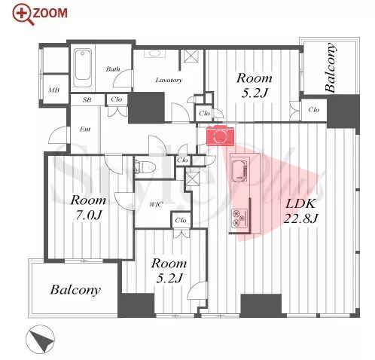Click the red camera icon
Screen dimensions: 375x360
[x=220, y=136]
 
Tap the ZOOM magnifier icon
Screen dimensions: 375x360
[x=23, y=14]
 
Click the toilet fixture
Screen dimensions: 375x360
[x=144, y=166]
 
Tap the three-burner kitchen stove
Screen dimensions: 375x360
[x=239, y=217]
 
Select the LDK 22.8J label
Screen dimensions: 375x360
[x=300, y=211]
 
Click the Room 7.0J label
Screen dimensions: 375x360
[x=88, y=207]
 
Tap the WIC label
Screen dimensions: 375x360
[x=156, y=205]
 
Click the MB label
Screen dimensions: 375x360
[x=53, y=90]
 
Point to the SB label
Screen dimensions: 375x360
[x=87, y=100]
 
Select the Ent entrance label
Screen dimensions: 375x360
[x=85, y=130]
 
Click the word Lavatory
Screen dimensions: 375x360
[x=169, y=80]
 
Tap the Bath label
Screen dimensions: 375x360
[x=113, y=69]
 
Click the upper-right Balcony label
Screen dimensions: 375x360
[x=330, y=68]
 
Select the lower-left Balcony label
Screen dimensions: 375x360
[x=75, y=290]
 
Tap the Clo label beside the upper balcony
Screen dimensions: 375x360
[x=314, y=110]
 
